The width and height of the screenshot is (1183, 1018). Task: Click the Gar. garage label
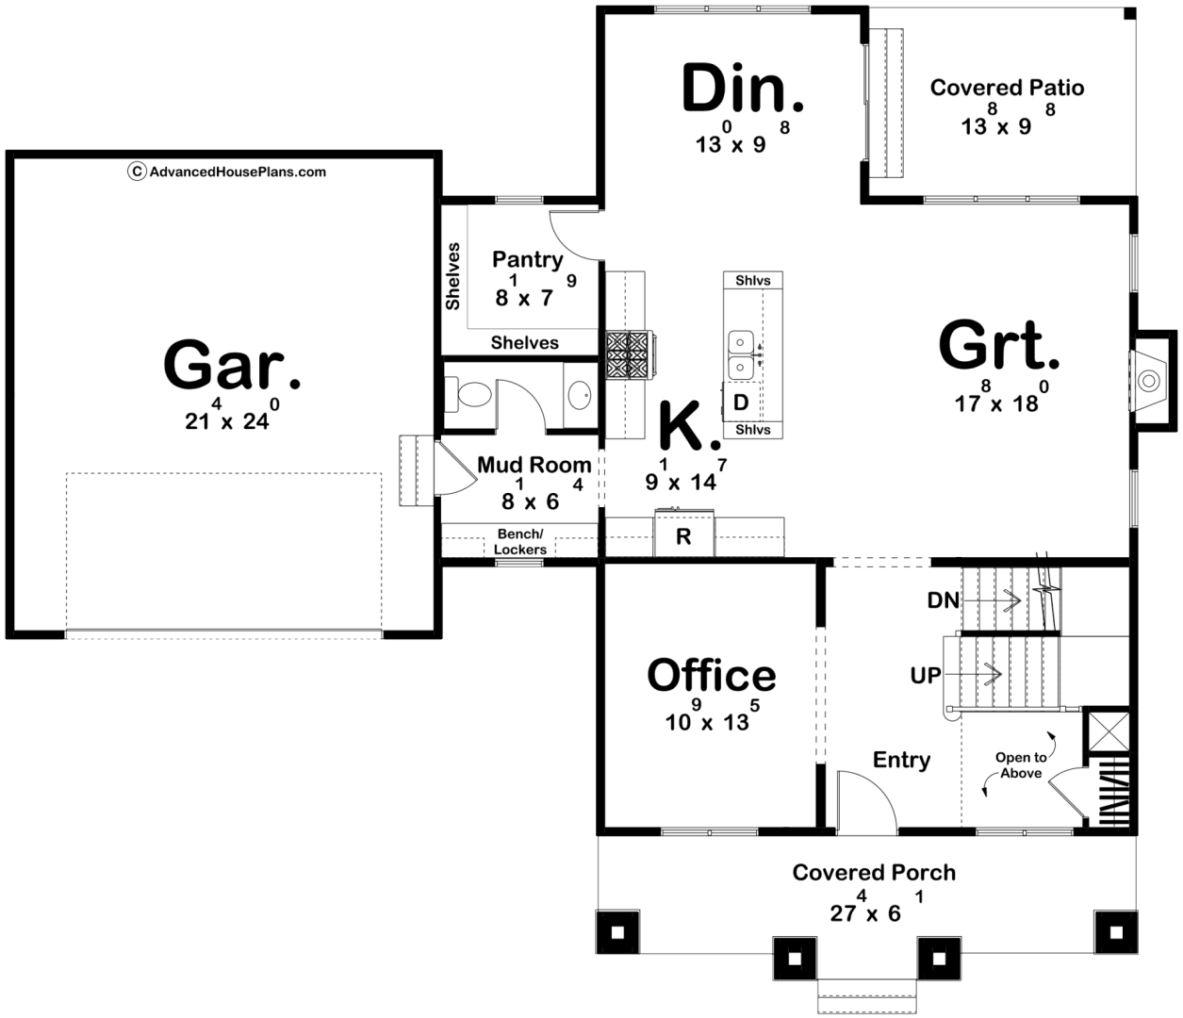[x=232, y=365]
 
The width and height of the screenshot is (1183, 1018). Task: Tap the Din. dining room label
[x=742, y=88]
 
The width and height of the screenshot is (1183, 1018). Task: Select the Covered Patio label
[x=1007, y=88]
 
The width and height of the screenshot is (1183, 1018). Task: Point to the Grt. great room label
[x=998, y=345]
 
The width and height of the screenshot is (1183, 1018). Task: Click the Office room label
[x=712, y=675]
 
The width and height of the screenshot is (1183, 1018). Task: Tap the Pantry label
[x=528, y=260]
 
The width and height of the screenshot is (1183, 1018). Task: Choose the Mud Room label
[x=534, y=465]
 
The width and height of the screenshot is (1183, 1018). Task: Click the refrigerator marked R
[x=684, y=535]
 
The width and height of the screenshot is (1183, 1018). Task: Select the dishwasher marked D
[x=741, y=402]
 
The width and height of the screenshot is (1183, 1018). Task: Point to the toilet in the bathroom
[x=468, y=395]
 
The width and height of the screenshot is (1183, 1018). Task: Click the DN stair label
[x=943, y=600]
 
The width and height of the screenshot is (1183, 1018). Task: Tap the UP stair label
[x=926, y=676]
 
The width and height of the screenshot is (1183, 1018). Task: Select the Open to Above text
[x=1021, y=765]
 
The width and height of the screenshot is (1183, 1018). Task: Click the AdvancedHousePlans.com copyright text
[x=226, y=172]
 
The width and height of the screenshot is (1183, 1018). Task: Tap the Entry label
[x=901, y=760]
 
